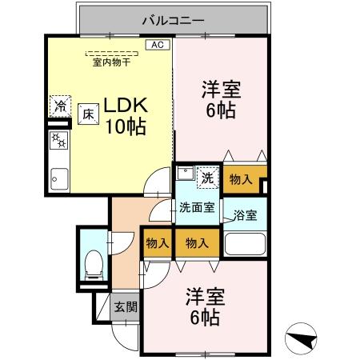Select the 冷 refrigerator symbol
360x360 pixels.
61,106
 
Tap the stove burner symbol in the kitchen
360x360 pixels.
59,141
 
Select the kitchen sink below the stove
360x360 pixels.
59,177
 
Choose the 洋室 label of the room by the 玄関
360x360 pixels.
206,296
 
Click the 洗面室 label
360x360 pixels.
196,208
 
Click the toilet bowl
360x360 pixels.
93,262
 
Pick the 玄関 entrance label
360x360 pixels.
124,306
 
